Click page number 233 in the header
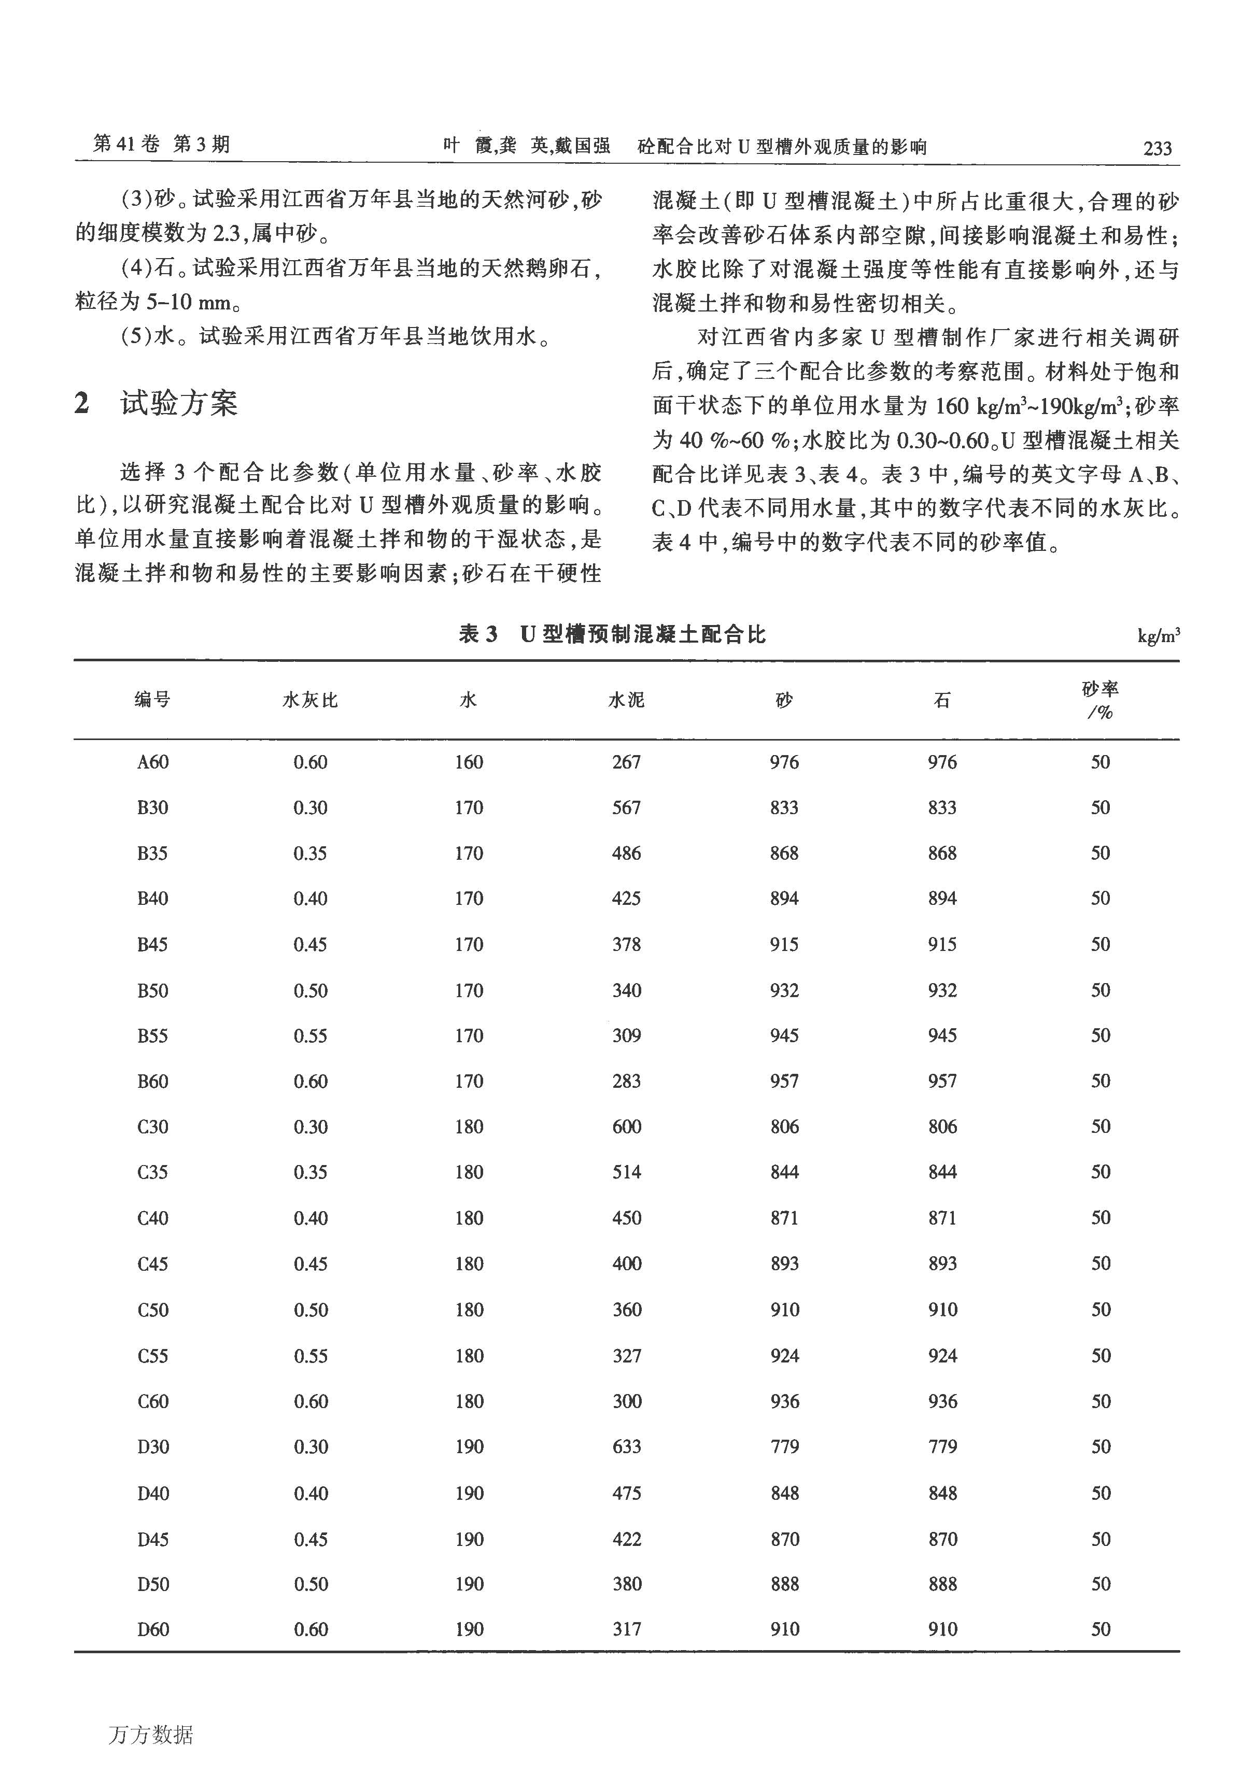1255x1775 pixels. point(1157,148)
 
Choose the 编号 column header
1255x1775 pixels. point(152,701)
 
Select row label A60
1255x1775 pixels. point(152,762)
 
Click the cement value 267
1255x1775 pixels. point(626,762)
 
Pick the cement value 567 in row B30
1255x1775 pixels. point(626,808)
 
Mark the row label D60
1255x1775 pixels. point(152,1630)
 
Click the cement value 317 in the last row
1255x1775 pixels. point(626,1630)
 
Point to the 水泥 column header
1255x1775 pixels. point(626,701)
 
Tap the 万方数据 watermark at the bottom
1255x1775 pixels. point(151,1735)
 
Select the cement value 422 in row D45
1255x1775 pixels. point(626,1539)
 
